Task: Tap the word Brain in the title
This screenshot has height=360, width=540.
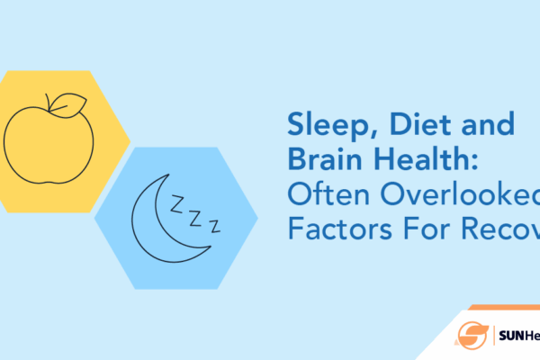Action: (319, 158)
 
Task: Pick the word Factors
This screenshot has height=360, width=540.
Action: (333, 229)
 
